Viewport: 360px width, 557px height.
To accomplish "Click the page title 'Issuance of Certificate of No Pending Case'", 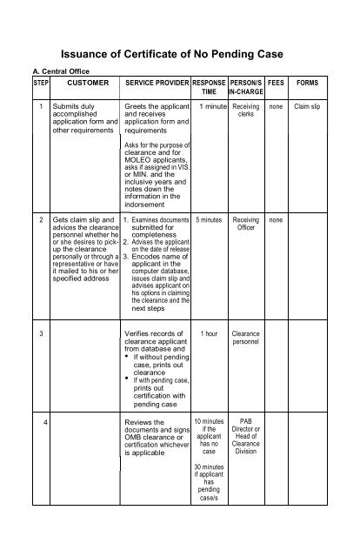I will click(180, 53).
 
